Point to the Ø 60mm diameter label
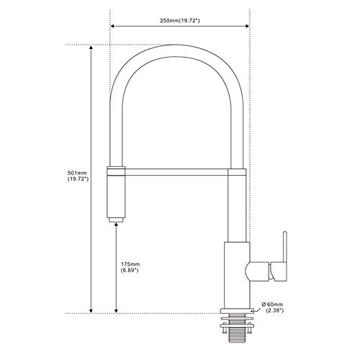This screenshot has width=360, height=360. click(272, 305)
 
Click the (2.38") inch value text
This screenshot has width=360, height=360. click(275, 310)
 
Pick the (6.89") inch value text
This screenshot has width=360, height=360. click(130, 270)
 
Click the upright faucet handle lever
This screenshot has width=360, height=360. click(285, 247)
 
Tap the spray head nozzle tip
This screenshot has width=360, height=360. click(116, 220)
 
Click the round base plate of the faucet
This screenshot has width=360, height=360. click(237, 311)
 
